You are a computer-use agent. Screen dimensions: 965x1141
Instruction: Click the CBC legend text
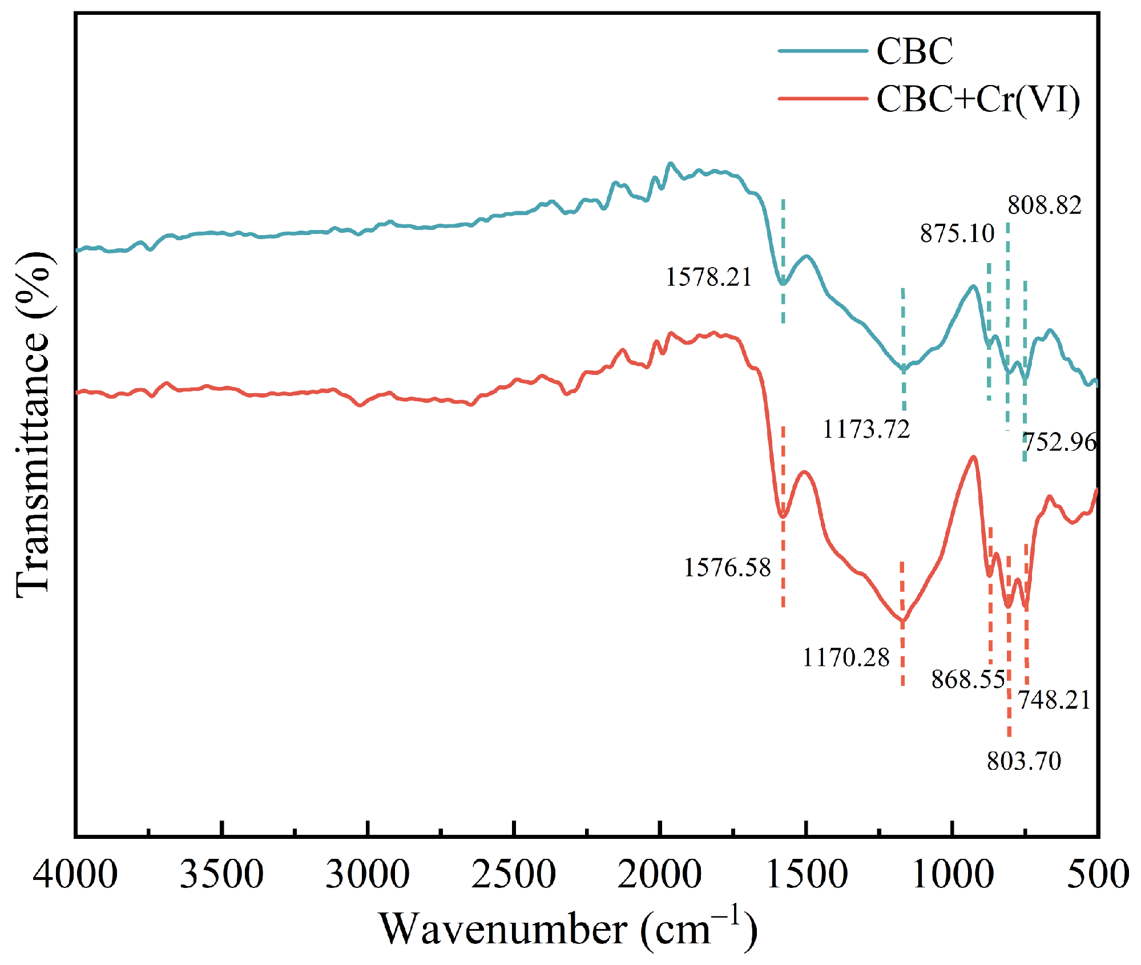pyautogui.click(x=914, y=51)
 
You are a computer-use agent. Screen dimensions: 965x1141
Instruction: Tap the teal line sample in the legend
pyautogui.click(x=823, y=51)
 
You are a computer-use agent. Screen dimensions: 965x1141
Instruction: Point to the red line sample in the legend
pyautogui.click(x=823, y=99)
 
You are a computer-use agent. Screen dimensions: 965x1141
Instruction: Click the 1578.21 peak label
pyautogui.click(x=708, y=277)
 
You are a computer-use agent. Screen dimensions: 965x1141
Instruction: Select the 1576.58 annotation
pyautogui.click(x=727, y=568)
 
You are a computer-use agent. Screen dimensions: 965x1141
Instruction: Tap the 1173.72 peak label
pyautogui.click(x=866, y=429)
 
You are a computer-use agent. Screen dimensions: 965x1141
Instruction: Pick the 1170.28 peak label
pyautogui.click(x=846, y=658)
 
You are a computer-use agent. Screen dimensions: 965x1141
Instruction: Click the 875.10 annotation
pyautogui.click(x=957, y=233)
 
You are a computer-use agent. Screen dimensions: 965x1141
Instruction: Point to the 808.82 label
pyautogui.click(x=1044, y=205)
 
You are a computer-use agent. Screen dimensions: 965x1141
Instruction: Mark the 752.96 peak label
pyautogui.click(x=1059, y=442)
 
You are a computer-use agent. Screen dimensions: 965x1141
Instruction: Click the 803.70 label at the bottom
pyautogui.click(x=1024, y=761)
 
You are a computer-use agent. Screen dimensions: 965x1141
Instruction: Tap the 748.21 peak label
pyautogui.click(x=1054, y=700)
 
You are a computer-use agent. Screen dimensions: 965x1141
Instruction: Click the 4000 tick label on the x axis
pyautogui.click(x=75, y=874)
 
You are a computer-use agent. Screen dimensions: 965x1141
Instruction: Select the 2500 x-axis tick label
pyautogui.click(x=513, y=874)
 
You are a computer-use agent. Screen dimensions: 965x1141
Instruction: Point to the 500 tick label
pyautogui.click(x=1097, y=874)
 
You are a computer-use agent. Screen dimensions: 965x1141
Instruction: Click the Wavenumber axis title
pyautogui.click(x=568, y=929)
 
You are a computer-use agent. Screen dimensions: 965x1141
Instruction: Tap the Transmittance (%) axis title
pyautogui.click(x=33, y=425)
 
